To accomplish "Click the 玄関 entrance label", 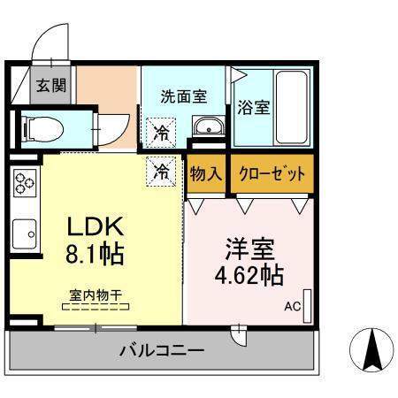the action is click(x=51, y=86).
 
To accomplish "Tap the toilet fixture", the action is click(x=43, y=130).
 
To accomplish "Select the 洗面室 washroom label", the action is click(x=184, y=96).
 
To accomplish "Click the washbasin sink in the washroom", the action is click(x=209, y=126).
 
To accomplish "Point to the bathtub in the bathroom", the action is click(x=292, y=107).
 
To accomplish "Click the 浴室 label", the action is click(x=254, y=107).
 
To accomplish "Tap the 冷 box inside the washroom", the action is click(x=161, y=133).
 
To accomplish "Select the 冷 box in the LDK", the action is click(x=161, y=172).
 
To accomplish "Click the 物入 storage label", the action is click(x=205, y=173).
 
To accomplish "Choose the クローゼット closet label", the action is click(x=272, y=173).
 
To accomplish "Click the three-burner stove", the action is click(x=25, y=183).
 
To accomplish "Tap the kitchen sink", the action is click(x=25, y=233).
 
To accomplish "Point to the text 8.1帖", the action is click(x=95, y=254).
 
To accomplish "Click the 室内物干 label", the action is click(x=96, y=295).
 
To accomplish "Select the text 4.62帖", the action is click(x=249, y=275).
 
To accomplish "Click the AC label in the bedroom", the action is click(x=293, y=307).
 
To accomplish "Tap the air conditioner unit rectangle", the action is click(x=308, y=306).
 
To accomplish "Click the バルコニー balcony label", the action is click(x=162, y=351).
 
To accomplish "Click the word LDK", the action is click(x=96, y=226).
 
